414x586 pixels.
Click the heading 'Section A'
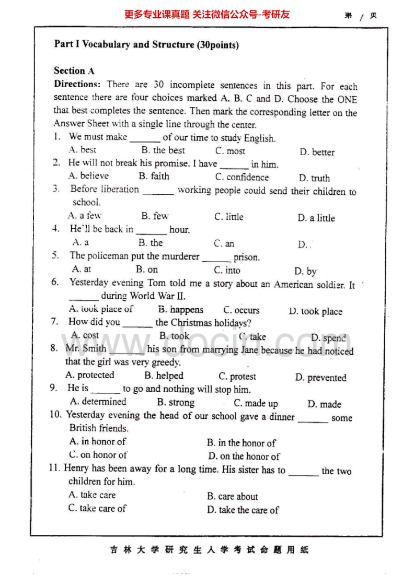pos(74,71)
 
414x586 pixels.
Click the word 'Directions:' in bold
pos(77,84)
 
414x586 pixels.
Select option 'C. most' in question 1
pos(230,151)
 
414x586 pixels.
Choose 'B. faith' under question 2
pos(154,176)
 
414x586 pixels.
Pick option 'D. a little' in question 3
pos(316,218)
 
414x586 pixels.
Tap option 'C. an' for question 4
pos(224,243)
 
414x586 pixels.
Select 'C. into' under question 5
pos(227,270)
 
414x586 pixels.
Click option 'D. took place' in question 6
pos(315,311)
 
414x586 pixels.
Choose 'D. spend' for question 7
pos(328,338)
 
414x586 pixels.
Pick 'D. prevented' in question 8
pos(320,378)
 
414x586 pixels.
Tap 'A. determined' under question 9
pos(98,402)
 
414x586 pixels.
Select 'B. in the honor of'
pos(241,443)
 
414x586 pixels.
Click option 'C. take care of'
pos(97,508)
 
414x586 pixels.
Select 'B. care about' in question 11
pos(232,497)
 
